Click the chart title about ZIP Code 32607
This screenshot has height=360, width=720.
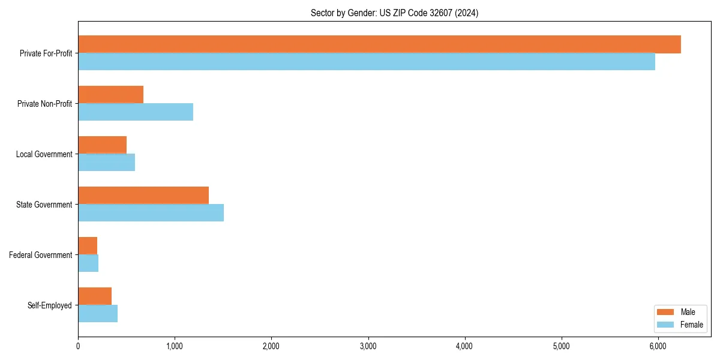[394, 13]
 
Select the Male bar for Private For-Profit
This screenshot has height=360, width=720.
[379, 44]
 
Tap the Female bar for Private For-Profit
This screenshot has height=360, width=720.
[366, 62]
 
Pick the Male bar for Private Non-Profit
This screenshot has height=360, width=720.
[110, 94]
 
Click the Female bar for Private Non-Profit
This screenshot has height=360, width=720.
[136, 112]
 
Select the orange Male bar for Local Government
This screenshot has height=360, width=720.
[102, 145]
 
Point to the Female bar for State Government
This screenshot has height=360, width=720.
[151, 213]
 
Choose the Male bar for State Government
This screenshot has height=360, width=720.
[143, 195]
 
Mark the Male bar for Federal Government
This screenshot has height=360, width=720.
[88, 245]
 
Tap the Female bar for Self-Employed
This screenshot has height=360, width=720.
[98, 314]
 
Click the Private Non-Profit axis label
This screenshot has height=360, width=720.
[44, 104]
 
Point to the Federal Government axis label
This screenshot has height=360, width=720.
[41, 255]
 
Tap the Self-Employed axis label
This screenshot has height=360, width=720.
[50, 305]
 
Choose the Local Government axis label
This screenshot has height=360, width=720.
[44, 154]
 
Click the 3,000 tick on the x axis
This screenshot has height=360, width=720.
[368, 346]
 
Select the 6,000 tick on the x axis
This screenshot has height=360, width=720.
[658, 346]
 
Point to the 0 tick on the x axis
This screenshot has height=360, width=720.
[78, 346]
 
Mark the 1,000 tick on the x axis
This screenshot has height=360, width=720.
[175, 346]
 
